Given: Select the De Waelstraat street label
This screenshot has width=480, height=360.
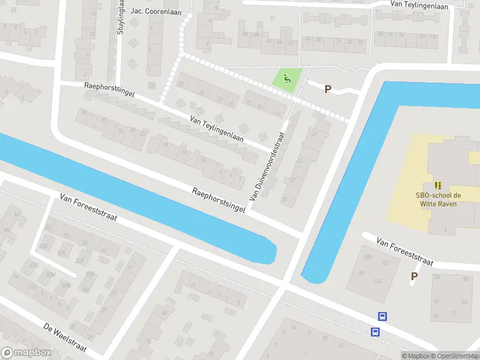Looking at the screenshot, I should point(65,338).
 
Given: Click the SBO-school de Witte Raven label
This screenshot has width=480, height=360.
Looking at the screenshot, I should point(437,199).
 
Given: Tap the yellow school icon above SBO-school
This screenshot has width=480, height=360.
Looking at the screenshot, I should point(438,185).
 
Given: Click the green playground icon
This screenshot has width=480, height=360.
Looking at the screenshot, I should point(287,78).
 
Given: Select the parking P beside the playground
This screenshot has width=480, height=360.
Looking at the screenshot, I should point(328,89).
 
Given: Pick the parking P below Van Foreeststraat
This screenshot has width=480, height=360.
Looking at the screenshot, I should point(414,276).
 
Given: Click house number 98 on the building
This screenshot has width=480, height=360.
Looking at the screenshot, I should point(361,274).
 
